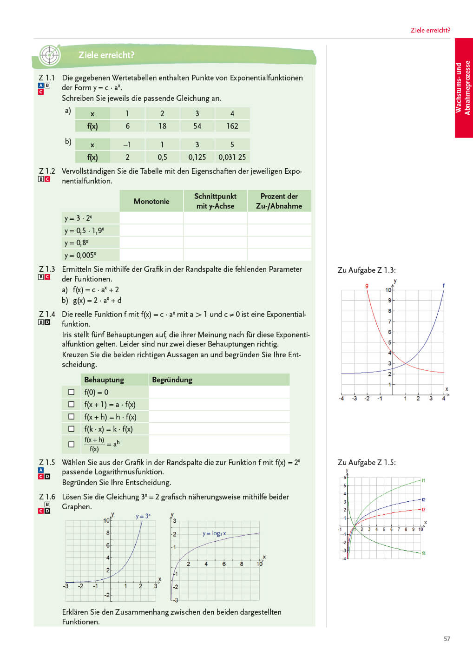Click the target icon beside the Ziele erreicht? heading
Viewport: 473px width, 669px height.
click(50, 56)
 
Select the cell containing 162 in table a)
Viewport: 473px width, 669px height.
click(232, 126)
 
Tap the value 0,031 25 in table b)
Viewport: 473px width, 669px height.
click(232, 157)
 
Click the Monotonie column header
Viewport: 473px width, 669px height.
click(151, 201)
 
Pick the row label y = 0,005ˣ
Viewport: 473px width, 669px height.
click(81, 255)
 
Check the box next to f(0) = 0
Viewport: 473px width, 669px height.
click(72, 392)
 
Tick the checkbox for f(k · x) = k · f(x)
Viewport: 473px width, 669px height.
click(72, 429)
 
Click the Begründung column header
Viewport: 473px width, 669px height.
click(172, 380)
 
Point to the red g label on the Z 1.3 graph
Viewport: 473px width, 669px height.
click(367, 286)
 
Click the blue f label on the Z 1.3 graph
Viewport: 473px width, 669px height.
click(444, 286)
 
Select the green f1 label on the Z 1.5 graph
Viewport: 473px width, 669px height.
click(423, 480)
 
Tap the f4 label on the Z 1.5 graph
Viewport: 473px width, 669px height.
click(424, 553)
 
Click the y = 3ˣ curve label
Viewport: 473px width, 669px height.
click(143, 516)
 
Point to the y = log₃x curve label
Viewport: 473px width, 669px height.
click(214, 533)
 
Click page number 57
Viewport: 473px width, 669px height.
click(447, 639)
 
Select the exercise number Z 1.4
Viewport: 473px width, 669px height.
click(47, 315)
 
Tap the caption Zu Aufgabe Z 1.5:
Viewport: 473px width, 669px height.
click(367, 462)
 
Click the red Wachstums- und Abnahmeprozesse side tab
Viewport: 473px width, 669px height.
click(463, 88)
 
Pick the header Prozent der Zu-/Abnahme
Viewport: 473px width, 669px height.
click(279, 201)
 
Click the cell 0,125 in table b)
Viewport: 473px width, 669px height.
click(197, 157)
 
